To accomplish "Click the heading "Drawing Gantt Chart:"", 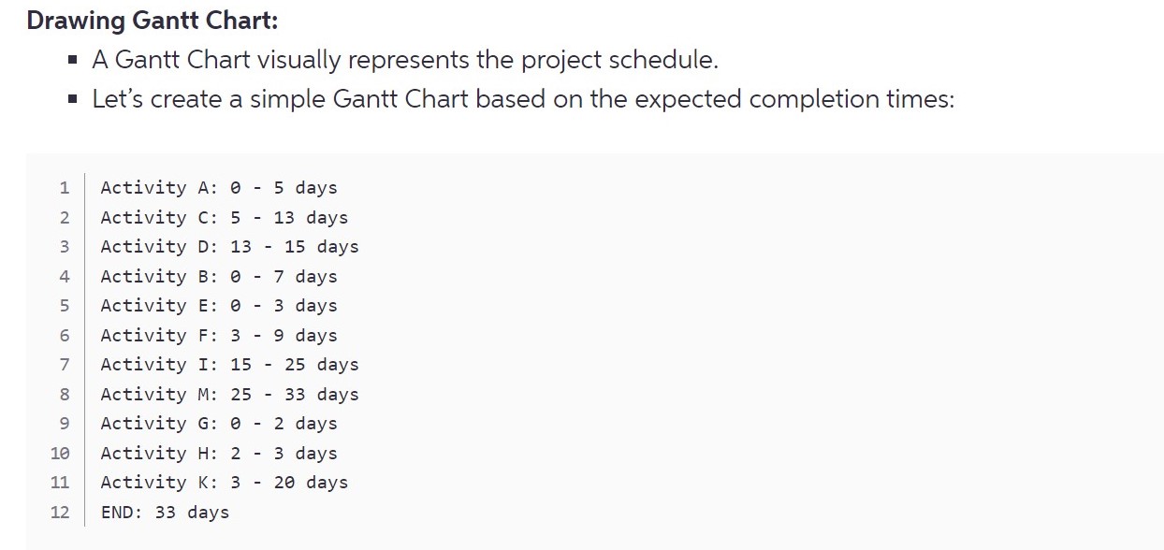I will (x=153, y=21).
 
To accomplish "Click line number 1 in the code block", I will (x=64, y=188).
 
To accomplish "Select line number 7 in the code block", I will (x=64, y=365).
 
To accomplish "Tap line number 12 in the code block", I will (x=60, y=512).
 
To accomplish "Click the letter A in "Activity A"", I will (x=204, y=188).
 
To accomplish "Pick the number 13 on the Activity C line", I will (x=284, y=218).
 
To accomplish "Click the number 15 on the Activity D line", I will (x=296, y=247).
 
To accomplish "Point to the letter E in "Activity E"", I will (x=204, y=306).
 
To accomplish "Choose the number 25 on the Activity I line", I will (x=296, y=365).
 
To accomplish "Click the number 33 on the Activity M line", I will (x=296, y=395).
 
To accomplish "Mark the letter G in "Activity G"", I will (x=204, y=424).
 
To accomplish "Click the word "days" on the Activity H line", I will (x=316, y=454).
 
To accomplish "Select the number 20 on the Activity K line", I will (x=284, y=483).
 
